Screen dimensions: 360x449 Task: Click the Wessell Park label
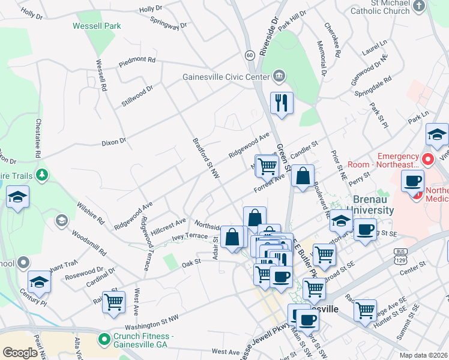(97, 26)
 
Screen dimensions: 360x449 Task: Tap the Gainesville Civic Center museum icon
(279, 76)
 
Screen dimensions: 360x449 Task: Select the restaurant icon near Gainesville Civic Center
(281, 103)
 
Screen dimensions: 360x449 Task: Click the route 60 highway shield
(249, 55)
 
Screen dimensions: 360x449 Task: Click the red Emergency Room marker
(427, 160)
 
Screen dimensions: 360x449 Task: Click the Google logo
(20, 353)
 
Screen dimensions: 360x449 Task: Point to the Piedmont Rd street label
(137, 61)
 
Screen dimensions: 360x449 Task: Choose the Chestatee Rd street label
(38, 137)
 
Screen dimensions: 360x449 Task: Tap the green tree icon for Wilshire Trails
(42, 175)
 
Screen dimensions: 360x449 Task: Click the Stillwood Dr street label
(137, 95)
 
